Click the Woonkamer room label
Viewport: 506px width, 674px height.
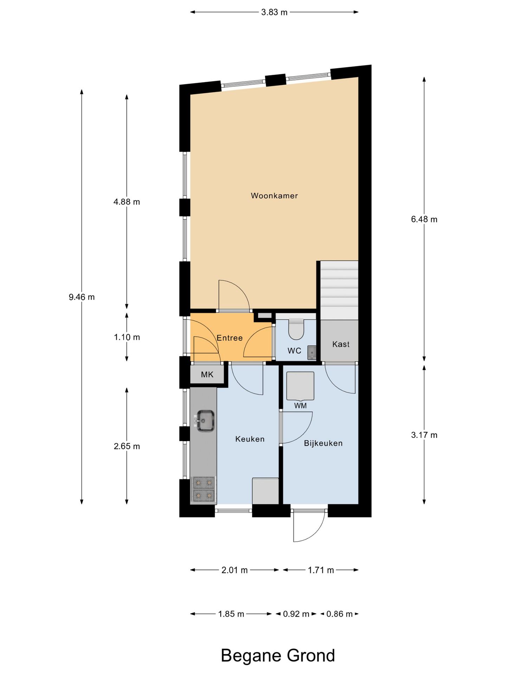click(x=274, y=196)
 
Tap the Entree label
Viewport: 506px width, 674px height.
click(x=229, y=338)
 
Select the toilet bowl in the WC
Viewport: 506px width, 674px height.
click(x=296, y=329)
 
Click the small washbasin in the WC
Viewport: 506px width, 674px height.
click(x=312, y=352)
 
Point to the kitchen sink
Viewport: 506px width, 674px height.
click(x=205, y=421)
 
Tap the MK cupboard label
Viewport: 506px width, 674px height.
click(x=207, y=375)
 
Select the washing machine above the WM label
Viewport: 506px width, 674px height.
click(x=300, y=386)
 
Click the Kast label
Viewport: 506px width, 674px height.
click(x=340, y=344)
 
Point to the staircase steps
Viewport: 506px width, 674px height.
click(x=339, y=290)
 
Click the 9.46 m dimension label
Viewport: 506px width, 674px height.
click(x=82, y=297)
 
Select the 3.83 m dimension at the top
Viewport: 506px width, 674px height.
click(x=274, y=12)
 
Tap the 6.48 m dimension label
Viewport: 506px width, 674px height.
click(x=424, y=219)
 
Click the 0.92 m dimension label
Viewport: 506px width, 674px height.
click(x=296, y=614)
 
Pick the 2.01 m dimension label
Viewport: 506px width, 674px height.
click(x=234, y=570)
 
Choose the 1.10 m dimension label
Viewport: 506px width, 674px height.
click(x=126, y=337)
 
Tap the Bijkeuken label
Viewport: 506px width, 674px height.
click(x=323, y=443)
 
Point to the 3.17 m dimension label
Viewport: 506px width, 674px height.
click(x=424, y=435)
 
